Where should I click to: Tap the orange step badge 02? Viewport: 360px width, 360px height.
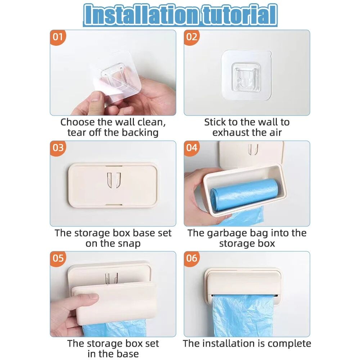pos(192,37)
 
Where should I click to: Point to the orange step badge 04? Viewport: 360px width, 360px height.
pos(192,148)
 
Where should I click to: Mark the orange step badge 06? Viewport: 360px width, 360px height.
pos(192,258)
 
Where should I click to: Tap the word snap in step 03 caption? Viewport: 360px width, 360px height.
pos(128,243)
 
